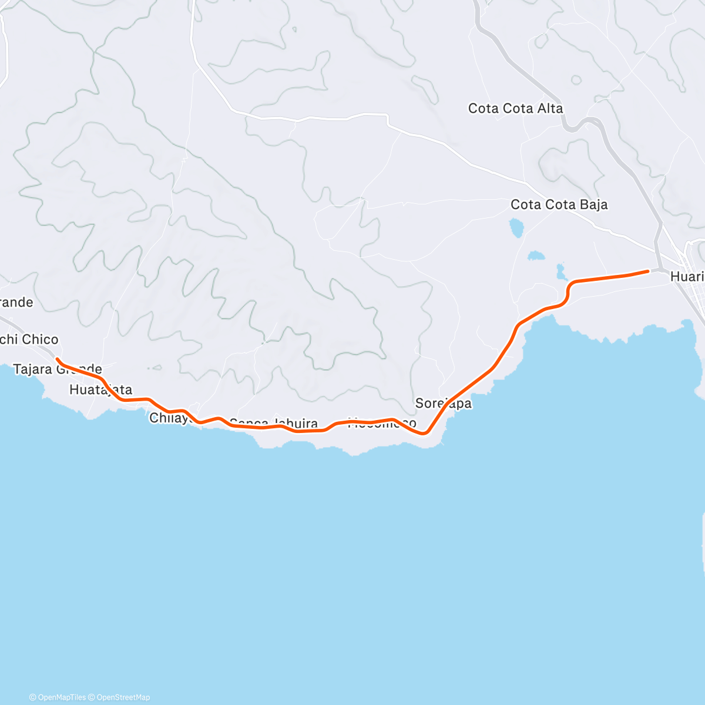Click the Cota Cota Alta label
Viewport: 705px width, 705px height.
pyautogui.click(x=515, y=109)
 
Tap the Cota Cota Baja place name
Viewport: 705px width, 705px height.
pyautogui.click(x=559, y=205)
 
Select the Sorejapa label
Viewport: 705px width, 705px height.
pyautogui.click(x=443, y=404)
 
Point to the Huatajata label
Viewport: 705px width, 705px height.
pyautogui.click(x=100, y=390)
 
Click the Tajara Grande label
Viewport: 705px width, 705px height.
pyautogui.click(x=58, y=370)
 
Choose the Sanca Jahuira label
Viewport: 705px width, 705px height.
pyautogui.click(x=274, y=424)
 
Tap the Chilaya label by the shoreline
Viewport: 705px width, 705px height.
pyautogui.click(x=171, y=418)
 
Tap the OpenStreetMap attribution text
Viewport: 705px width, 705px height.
pyautogui.click(x=123, y=697)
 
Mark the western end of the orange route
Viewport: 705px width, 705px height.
pyautogui.click(x=57, y=359)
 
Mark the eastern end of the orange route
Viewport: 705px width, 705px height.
pyautogui.click(x=647, y=271)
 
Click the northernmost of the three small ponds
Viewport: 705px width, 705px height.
pyautogui.click(x=516, y=227)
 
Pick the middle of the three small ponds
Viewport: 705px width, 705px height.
pyautogui.click(x=536, y=256)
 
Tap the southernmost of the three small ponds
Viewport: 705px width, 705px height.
pyautogui.click(x=560, y=271)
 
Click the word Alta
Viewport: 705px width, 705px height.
pyautogui.click(x=549, y=109)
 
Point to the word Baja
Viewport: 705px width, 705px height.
pyautogui.click(x=593, y=205)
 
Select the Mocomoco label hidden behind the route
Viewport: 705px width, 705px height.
pyautogui.click(x=382, y=424)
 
